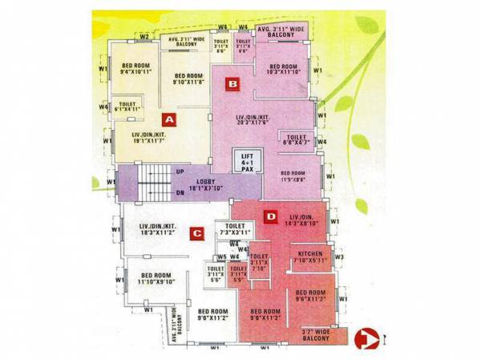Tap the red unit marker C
point(196,234)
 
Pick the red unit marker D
point(271,216)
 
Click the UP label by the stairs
point(180,172)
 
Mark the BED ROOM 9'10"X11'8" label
point(189,79)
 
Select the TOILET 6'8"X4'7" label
point(297,141)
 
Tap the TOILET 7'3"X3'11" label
point(235,230)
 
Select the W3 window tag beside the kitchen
point(339,257)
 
